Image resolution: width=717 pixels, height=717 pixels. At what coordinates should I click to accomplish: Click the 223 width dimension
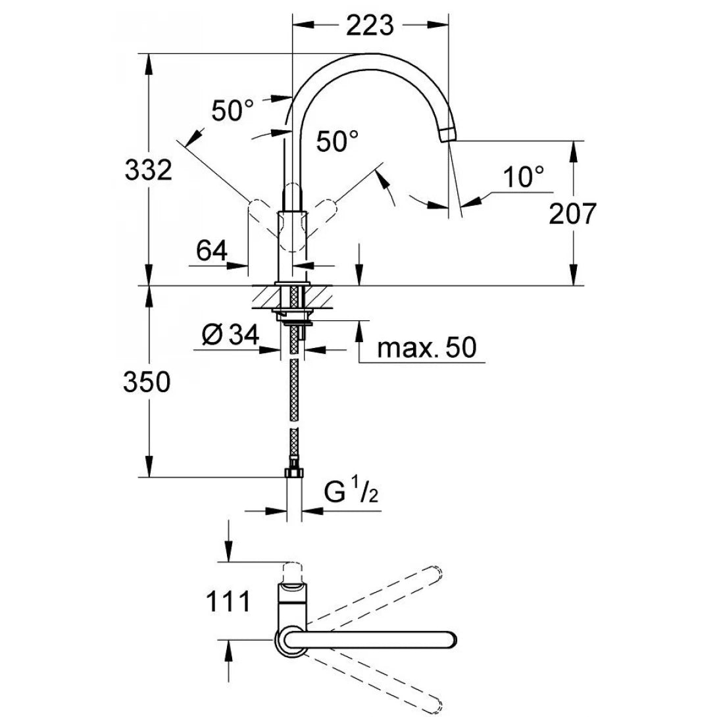click(368, 26)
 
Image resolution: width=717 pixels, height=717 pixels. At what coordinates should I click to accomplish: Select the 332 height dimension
click(148, 170)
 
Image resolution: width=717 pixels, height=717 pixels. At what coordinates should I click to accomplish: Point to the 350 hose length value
click(147, 382)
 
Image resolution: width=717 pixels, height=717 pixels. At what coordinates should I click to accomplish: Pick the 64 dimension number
click(212, 250)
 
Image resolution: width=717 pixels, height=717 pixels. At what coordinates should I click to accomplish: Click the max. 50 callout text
click(426, 348)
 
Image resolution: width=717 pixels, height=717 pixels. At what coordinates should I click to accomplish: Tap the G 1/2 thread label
click(352, 491)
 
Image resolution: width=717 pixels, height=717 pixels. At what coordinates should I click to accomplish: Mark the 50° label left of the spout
click(232, 111)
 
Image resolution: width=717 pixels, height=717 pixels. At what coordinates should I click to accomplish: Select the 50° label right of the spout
click(337, 141)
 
